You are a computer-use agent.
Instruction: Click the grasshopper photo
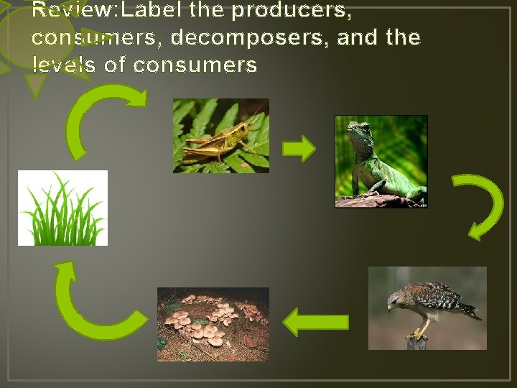220,135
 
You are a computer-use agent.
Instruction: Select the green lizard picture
381,162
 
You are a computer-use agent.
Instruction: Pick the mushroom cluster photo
213,323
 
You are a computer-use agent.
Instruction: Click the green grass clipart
62,208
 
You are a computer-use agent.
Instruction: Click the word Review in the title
63,11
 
